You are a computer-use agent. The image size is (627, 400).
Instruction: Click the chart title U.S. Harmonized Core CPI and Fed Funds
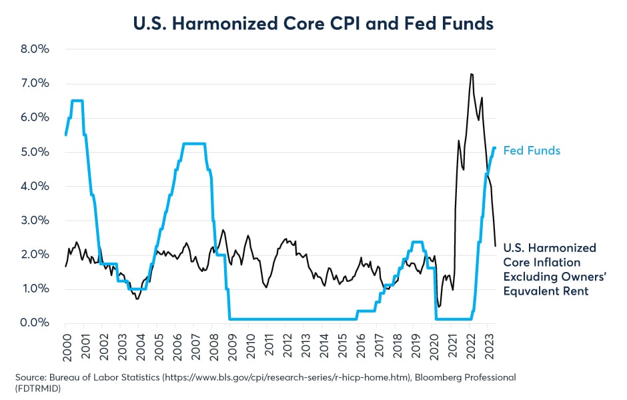pyautogui.click(x=313, y=24)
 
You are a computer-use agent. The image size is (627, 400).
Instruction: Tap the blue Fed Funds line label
pyautogui.click(x=532, y=151)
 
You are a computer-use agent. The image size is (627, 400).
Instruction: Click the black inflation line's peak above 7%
pyautogui.click(x=472, y=74)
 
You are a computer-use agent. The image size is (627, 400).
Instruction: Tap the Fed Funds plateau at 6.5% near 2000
pyautogui.click(x=77, y=101)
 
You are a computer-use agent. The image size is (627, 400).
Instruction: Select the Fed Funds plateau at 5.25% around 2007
pyautogui.click(x=193, y=143)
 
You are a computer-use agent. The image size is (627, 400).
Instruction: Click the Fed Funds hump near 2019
pyautogui.click(x=417, y=242)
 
